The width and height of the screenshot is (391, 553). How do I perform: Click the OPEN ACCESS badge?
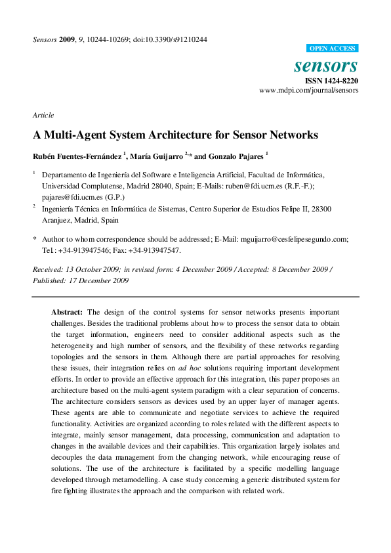coord(333,48)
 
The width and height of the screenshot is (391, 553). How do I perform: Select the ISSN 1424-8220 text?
coord(332,81)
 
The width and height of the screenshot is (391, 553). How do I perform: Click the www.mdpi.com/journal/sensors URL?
coord(308,91)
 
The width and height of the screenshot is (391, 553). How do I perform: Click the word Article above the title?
coord(43,115)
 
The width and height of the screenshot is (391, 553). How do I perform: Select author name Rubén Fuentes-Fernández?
coord(77,156)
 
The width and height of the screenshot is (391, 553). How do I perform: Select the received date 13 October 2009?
coord(91,269)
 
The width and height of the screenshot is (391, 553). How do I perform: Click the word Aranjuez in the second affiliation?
coord(58,220)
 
